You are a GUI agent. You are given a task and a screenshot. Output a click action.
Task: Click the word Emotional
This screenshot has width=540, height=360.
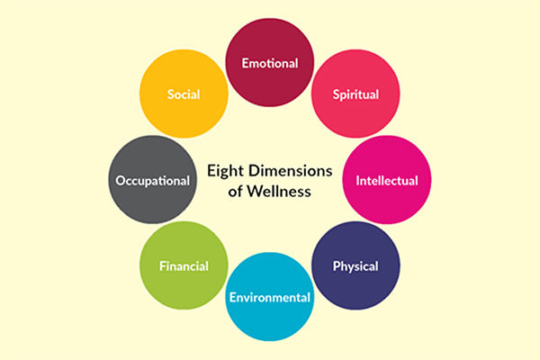pos(270,63)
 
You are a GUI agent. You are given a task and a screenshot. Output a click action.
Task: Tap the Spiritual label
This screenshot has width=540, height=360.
pos(355,94)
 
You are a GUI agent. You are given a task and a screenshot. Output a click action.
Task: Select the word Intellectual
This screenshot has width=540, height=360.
pos(387,181)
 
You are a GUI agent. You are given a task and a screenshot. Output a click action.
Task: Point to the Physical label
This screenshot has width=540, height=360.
pos(355,266)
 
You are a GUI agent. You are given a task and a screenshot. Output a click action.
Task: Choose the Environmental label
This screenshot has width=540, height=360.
pos(270,297)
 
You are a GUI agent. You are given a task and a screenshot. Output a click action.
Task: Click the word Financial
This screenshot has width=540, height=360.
pos(184,266)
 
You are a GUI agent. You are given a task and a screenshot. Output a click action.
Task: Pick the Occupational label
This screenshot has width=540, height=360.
pos(153,181)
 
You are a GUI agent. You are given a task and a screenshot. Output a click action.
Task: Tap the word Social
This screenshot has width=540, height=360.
pos(184,94)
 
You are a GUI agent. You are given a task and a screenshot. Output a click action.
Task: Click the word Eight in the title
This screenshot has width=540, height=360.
pos(225,171)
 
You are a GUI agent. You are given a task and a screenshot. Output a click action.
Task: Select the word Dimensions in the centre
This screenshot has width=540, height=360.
pos(291,170)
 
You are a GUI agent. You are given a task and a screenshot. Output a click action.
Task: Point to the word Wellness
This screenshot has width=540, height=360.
pos(279,191)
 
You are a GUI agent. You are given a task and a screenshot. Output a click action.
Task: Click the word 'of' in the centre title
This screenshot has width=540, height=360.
pos(235,192)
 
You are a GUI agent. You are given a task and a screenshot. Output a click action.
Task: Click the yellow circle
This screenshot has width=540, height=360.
pos(184,94)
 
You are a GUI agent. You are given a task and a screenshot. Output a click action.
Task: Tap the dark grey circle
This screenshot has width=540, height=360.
pos(153,179)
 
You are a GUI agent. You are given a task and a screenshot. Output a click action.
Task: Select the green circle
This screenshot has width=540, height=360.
pos(184,265)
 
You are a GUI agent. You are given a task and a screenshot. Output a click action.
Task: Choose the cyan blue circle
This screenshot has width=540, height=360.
pos(270,297)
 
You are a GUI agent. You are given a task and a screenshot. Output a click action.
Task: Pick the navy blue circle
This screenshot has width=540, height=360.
pos(355,265)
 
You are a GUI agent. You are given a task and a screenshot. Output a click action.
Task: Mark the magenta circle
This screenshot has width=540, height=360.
pos(387,179)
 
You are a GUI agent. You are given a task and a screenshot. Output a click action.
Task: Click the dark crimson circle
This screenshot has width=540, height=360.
pos(270,62)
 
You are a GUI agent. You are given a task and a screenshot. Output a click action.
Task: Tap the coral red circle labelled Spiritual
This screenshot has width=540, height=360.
pos(355,94)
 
